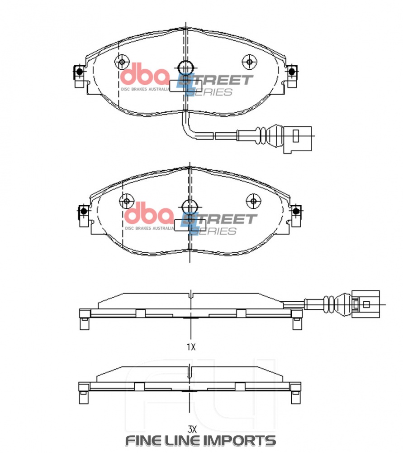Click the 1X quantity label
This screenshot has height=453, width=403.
point(191,347)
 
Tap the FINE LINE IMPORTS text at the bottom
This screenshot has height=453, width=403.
point(200,440)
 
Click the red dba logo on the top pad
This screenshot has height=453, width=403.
point(145,75)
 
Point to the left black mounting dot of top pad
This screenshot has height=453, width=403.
point(79,72)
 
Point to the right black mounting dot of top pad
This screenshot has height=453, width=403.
point(292,72)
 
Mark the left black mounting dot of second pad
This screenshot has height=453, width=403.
point(83,211)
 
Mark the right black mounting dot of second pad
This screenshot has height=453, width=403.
point(297,211)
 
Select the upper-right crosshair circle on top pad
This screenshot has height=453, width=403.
point(249,62)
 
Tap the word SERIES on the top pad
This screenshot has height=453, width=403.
point(210,92)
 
